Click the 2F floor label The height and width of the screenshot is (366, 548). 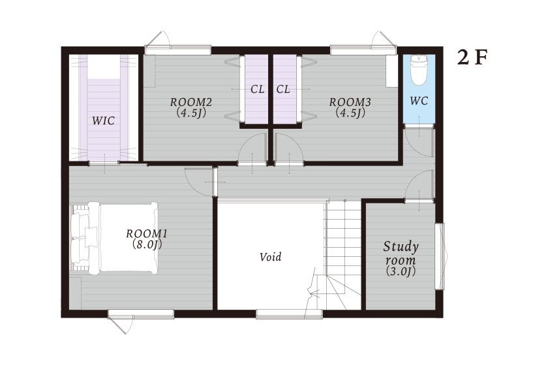tap(472, 58)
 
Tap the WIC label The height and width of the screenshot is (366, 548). tap(104, 121)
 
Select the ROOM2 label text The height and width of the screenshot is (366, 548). tap(191, 102)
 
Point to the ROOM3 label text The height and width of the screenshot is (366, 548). tap(350, 102)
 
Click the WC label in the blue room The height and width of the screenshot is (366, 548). tap(419, 101)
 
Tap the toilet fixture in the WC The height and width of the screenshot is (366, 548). tap(419, 69)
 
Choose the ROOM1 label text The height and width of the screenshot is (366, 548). tap(147, 233)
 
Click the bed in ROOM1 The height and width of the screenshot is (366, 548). tap(114, 238)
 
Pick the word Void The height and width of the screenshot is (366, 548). tap(271, 257)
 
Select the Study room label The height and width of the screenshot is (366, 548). tap(401, 253)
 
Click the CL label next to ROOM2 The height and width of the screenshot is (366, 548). tap(257, 90)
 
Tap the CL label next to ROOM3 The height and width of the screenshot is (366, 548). tap(283, 90)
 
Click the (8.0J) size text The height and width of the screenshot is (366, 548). tap(147, 244)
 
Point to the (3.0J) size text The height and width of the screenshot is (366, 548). tap(401, 271)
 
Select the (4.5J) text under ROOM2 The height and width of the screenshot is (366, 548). tap(191, 112)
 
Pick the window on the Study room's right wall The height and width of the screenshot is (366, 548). tap(440, 256)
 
